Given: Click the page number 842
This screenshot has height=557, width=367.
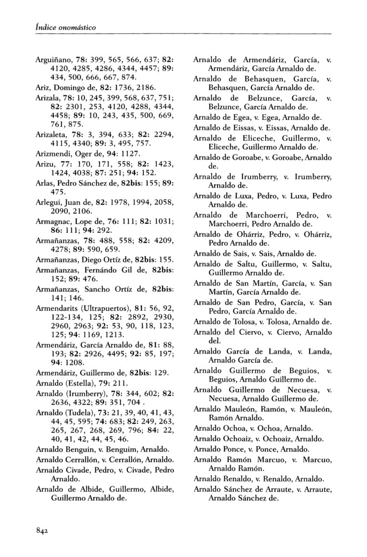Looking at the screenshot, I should click(42, 531).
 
